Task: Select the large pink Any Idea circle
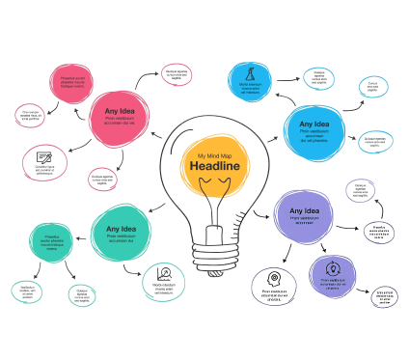click(124, 116)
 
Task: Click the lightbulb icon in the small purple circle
click(332, 269)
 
